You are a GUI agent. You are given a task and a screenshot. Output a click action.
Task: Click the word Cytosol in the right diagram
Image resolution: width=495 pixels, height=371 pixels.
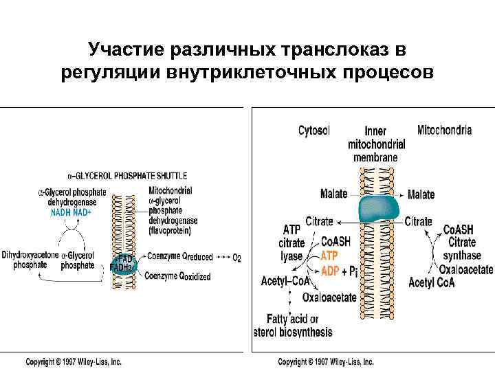pos(314,131)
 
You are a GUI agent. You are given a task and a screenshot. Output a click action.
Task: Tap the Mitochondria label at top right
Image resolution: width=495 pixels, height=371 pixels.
pos(444,130)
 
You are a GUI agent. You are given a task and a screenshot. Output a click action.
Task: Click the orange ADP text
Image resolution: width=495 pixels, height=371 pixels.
pos(330,270)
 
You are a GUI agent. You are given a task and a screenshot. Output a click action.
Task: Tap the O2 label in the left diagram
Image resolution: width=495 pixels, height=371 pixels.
pos(236,258)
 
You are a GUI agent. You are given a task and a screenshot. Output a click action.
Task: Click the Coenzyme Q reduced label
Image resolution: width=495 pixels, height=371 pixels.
pos(179,256)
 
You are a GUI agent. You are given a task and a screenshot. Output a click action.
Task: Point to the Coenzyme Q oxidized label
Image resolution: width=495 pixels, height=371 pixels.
pos(178,276)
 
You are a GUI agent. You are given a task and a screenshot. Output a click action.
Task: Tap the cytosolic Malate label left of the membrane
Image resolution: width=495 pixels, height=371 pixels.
pos(334,194)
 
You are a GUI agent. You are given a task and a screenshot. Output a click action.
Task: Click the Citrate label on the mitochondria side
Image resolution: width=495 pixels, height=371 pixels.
pos(418,221)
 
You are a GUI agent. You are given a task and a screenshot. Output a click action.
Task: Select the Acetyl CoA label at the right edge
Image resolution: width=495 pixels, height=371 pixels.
pos(430,282)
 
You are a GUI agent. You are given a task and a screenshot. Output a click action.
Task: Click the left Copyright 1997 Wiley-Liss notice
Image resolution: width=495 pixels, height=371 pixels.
pos(74,361)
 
